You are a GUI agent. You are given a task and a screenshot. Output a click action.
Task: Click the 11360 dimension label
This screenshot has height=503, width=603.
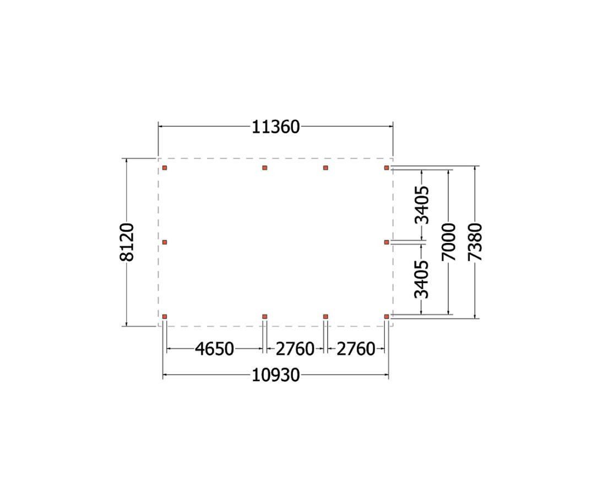(275, 127)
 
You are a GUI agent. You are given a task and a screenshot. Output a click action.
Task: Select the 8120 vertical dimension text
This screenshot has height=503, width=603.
(127, 242)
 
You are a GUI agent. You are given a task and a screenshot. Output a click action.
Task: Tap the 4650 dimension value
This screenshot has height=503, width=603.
(215, 349)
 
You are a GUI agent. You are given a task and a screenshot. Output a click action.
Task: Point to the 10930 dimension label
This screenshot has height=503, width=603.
(275, 375)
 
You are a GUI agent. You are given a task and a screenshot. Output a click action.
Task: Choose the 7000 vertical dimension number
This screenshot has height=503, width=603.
(449, 242)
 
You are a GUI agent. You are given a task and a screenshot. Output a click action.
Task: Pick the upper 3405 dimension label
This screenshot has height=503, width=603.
(421, 205)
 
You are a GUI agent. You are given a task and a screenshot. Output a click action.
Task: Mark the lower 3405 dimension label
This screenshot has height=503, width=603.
(421, 279)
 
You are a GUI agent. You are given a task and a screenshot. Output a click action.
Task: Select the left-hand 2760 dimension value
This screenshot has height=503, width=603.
(295, 349)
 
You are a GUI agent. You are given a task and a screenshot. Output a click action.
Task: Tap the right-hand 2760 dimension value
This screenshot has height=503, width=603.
(356, 349)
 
